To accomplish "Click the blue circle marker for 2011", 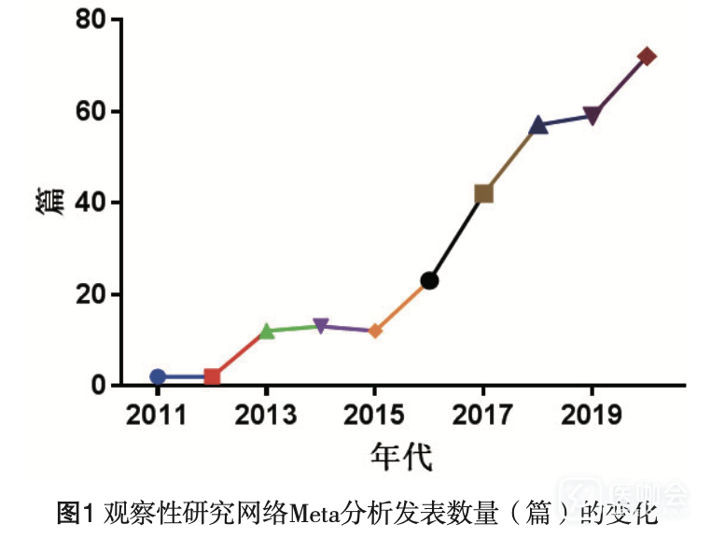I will tap(158, 376).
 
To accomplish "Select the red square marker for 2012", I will tap(212, 376).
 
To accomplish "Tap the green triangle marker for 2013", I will tap(267, 331).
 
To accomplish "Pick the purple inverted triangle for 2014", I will tap(321, 326).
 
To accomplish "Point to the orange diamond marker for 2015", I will tap(375, 331).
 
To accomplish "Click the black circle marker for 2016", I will tap(429, 280).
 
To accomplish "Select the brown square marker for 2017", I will tap(483, 193).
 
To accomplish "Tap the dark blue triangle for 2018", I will tap(537, 125).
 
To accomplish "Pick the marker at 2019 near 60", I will tap(592, 116).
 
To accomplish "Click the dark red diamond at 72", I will tap(646, 56).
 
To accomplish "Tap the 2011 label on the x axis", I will tap(158, 414).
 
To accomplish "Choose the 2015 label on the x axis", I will tap(374, 414).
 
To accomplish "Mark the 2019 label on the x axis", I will tap(591, 414).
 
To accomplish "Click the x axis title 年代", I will tap(400, 458).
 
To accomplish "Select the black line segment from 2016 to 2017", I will tap(456, 237).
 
